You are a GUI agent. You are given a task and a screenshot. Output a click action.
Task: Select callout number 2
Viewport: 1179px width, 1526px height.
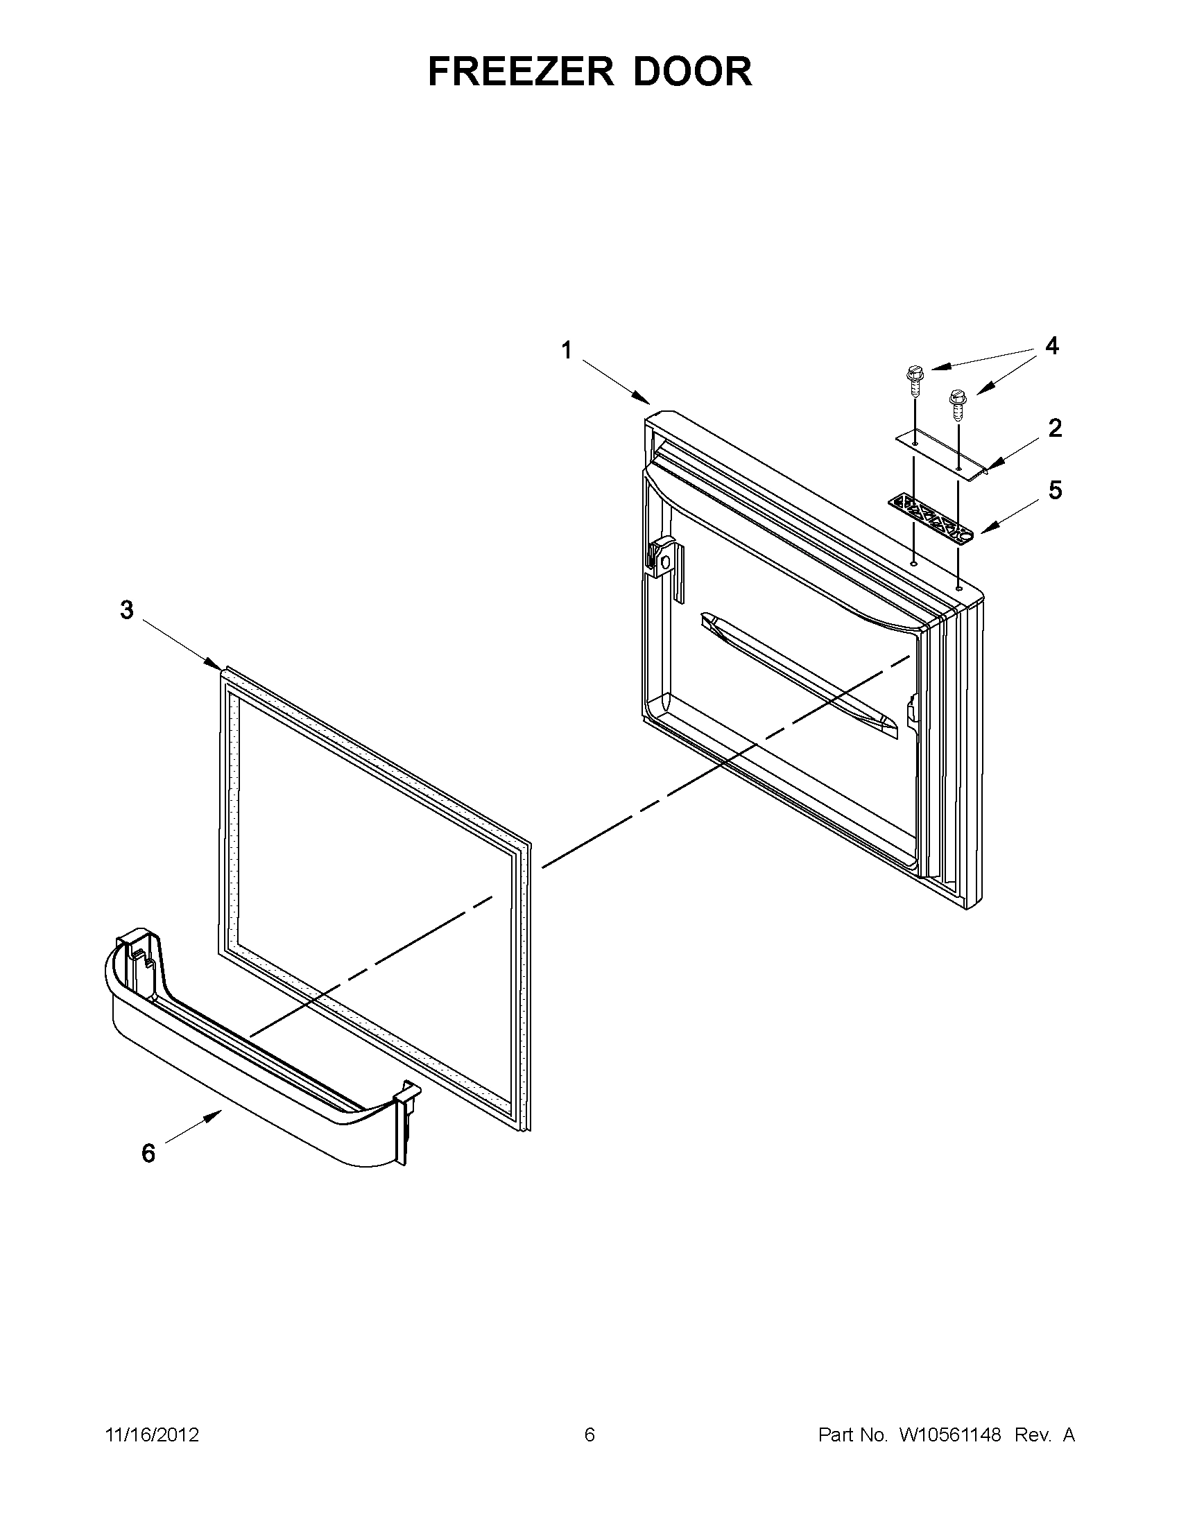(1055, 428)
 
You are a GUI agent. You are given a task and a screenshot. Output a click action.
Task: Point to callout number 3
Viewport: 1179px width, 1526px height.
(126, 610)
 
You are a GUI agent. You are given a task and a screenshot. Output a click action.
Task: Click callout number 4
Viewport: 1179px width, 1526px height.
(1051, 346)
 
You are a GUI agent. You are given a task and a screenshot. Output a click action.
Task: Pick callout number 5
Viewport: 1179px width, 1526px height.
(1055, 489)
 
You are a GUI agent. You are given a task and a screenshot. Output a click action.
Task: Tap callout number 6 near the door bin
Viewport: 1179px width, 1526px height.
(148, 1153)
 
